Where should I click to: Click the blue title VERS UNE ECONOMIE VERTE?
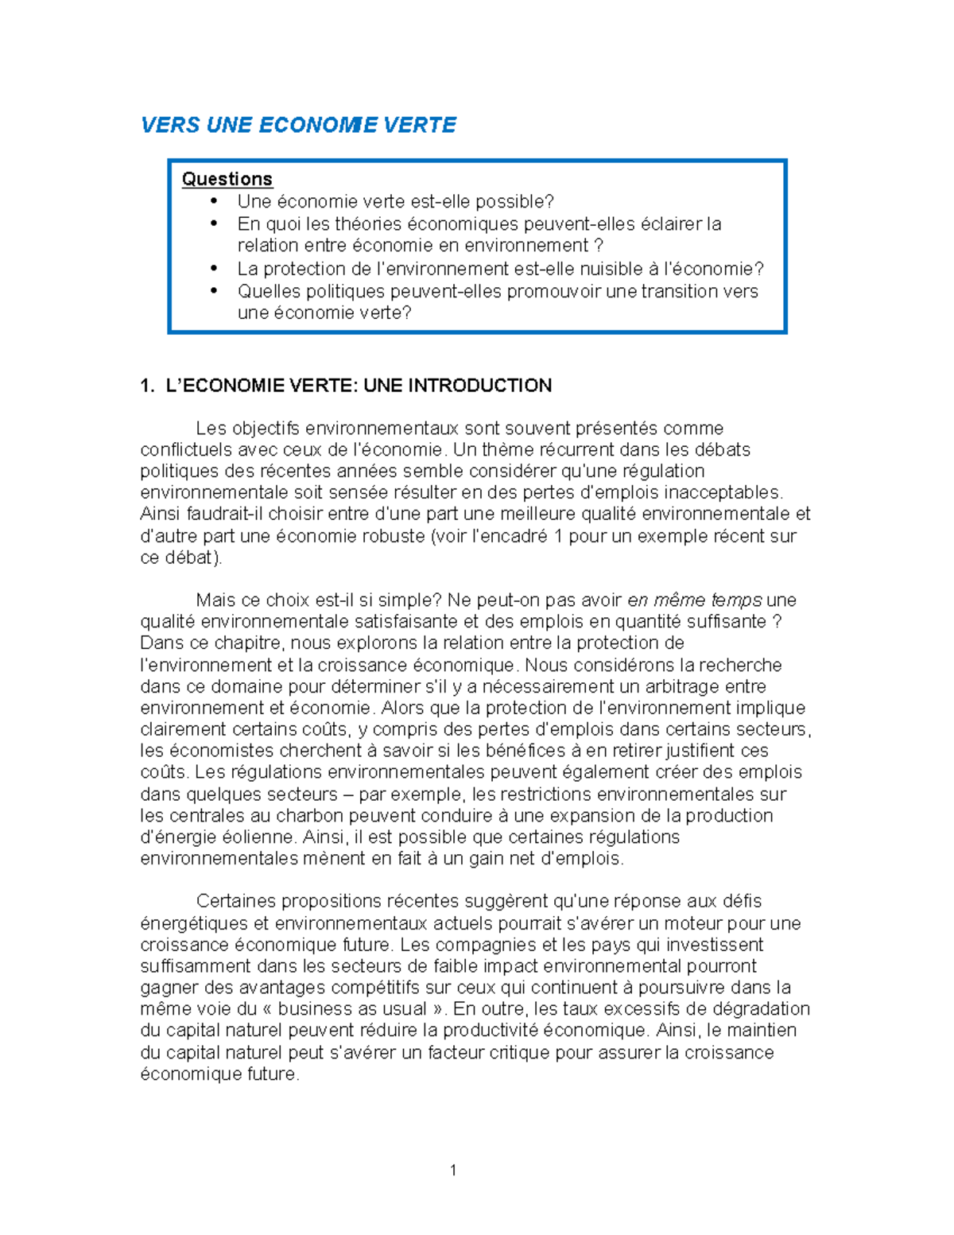coord(298,125)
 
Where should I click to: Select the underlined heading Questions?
coord(227,179)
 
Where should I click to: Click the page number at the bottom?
coord(453,1170)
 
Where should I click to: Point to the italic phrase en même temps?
coord(694,600)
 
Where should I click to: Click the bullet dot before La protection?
coord(214,268)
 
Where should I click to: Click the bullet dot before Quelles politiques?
coord(214,290)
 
